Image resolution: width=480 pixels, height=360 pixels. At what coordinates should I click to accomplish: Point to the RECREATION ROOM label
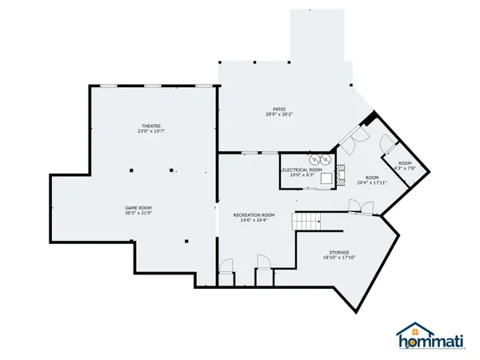point(254,215)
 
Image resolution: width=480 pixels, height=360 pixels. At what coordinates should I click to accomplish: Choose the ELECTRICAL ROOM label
point(302,170)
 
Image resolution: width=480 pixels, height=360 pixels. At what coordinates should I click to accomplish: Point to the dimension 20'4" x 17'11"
point(372,182)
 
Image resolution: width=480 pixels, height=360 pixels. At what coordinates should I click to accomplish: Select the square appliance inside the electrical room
point(324,179)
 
